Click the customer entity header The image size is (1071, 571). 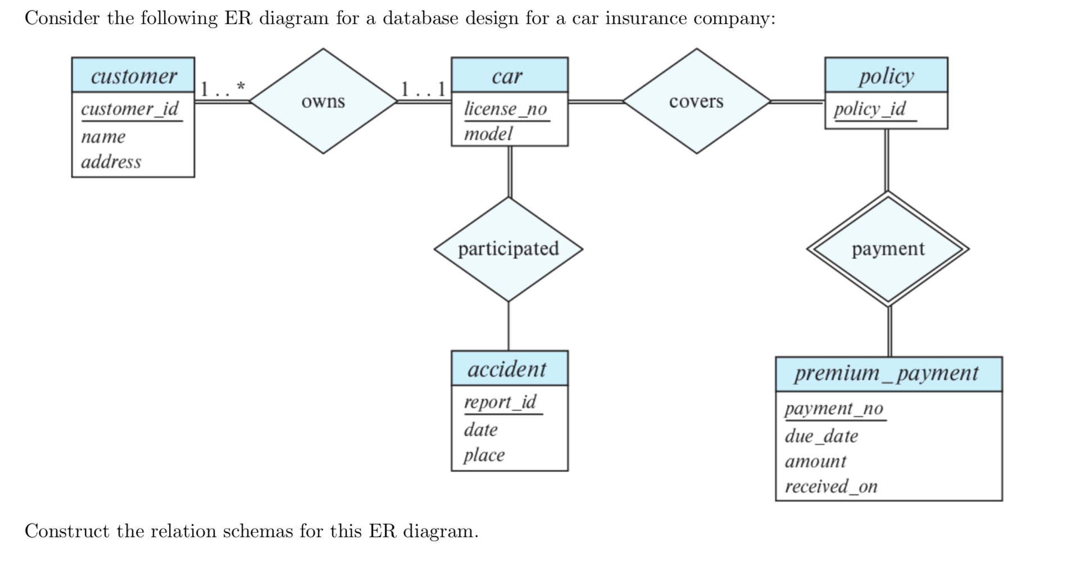(x=133, y=75)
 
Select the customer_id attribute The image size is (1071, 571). (x=130, y=108)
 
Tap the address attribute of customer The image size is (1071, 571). (x=111, y=162)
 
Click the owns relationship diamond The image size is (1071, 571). (x=323, y=102)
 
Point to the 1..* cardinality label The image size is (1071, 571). (x=223, y=88)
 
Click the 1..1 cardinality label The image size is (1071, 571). (x=423, y=88)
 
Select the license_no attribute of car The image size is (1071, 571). (x=505, y=108)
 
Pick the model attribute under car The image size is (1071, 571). (x=488, y=134)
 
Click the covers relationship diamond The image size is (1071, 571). (x=696, y=102)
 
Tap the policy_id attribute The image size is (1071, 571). (x=869, y=108)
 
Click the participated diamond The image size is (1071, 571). (x=508, y=248)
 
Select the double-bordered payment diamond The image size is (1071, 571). (x=888, y=248)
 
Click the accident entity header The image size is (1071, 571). (x=507, y=369)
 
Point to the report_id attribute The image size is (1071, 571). (x=500, y=402)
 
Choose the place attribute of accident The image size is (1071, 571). (x=484, y=455)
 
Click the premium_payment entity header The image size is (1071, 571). (x=887, y=373)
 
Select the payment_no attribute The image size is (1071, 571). (x=834, y=408)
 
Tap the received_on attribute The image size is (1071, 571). (x=831, y=486)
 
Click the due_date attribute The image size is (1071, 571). (x=822, y=436)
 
